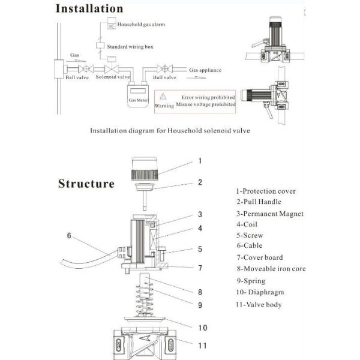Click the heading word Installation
89,9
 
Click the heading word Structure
86,183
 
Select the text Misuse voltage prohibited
206,104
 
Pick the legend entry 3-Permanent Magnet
269,214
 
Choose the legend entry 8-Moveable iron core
271,269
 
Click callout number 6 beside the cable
69,236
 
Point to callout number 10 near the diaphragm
202,328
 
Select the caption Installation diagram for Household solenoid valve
170,130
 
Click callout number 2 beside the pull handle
200,182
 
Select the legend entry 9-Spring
251,281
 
